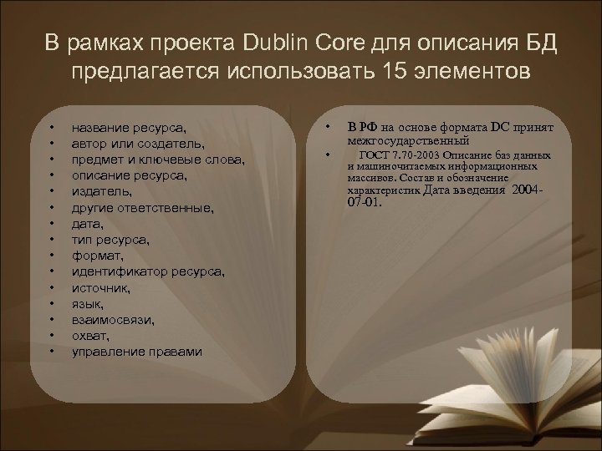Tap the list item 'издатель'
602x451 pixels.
101,191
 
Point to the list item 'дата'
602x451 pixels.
87,223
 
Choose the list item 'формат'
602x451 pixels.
96,255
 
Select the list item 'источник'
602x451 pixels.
101,287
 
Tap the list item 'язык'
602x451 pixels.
88,303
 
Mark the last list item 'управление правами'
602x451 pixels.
136,351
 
